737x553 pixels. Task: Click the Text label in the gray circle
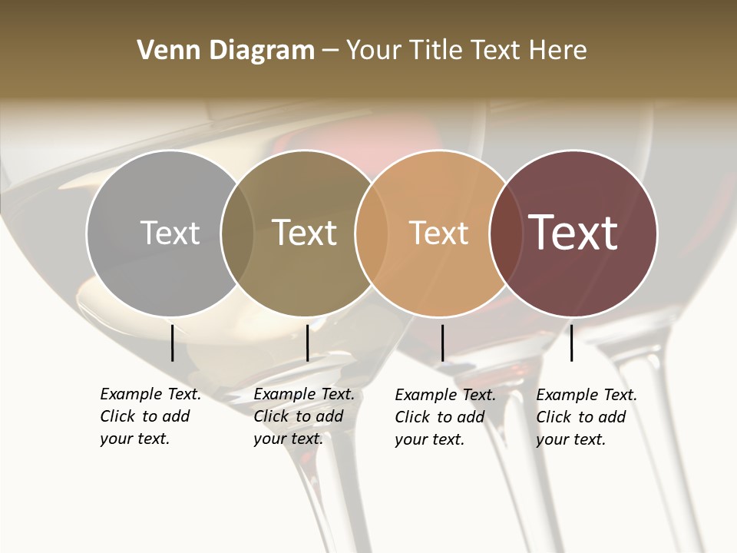(x=170, y=233)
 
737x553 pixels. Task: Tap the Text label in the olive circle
(x=305, y=233)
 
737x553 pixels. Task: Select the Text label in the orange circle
(x=438, y=233)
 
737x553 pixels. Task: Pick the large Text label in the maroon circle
(x=573, y=233)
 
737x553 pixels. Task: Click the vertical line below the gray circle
(x=172, y=343)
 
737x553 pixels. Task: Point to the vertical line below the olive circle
(x=307, y=343)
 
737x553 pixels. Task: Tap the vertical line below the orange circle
(x=442, y=343)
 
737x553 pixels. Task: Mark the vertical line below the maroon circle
(x=571, y=343)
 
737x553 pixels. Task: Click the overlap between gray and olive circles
(x=237, y=233)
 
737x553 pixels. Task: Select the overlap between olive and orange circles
(x=369, y=233)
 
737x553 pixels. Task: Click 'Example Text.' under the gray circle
(x=150, y=394)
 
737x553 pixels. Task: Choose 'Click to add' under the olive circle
(x=298, y=416)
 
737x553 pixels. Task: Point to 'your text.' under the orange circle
(x=429, y=439)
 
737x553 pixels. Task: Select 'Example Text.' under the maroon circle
(x=587, y=395)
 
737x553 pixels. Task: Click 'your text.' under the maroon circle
(x=570, y=439)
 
